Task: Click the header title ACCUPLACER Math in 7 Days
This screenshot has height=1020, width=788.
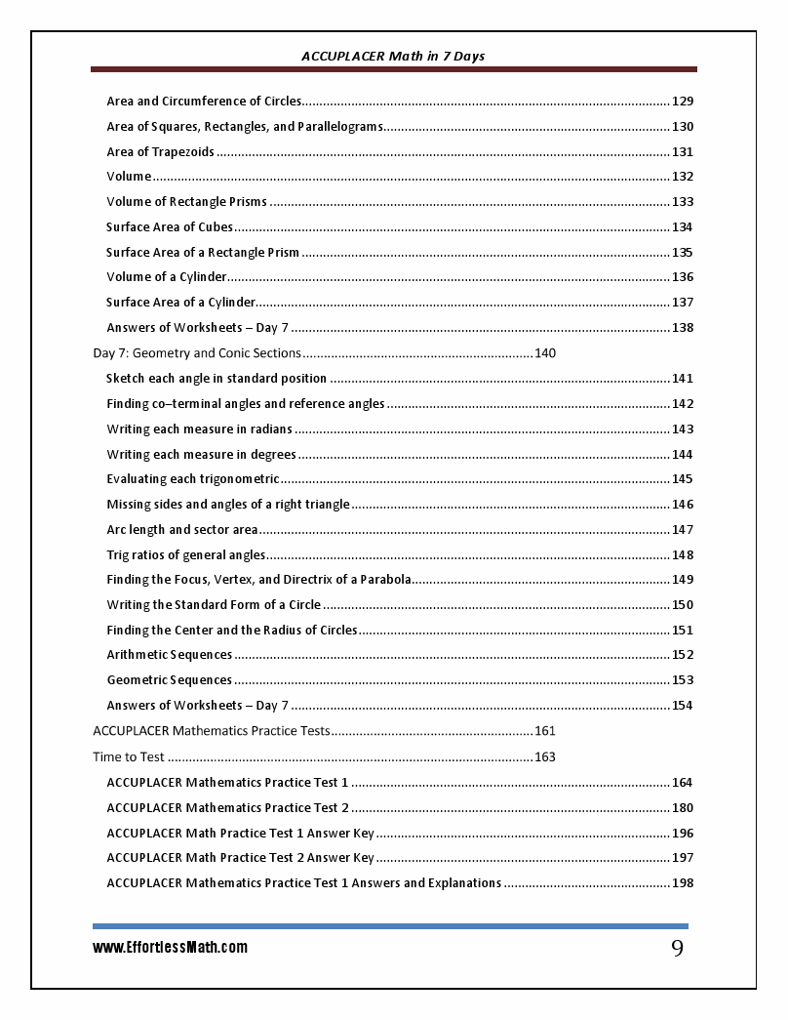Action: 393,56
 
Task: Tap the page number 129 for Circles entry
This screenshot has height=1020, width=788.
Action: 683,101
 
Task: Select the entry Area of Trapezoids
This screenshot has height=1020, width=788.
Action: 160,151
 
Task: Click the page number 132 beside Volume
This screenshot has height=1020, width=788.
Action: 683,177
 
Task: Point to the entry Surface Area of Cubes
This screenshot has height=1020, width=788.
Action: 170,226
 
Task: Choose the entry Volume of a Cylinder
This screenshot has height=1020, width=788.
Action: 167,277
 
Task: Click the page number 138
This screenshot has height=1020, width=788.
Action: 683,328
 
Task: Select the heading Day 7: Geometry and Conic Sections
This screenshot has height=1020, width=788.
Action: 197,352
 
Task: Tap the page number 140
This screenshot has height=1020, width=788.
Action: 545,352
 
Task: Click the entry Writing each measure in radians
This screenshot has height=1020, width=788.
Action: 199,428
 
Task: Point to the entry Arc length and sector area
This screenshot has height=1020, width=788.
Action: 182,529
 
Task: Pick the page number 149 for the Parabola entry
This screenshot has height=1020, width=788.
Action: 683,580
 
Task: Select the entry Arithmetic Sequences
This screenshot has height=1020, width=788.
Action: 170,655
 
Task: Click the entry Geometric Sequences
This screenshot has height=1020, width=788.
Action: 170,680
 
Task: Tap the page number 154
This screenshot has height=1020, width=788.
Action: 683,706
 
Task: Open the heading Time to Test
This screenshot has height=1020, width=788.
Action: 129,756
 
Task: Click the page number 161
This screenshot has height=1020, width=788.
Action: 545,730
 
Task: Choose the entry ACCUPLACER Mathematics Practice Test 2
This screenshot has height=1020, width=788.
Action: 228,807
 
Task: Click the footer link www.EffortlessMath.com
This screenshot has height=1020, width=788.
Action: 170,947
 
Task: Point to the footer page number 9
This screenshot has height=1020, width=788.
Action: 677,949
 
